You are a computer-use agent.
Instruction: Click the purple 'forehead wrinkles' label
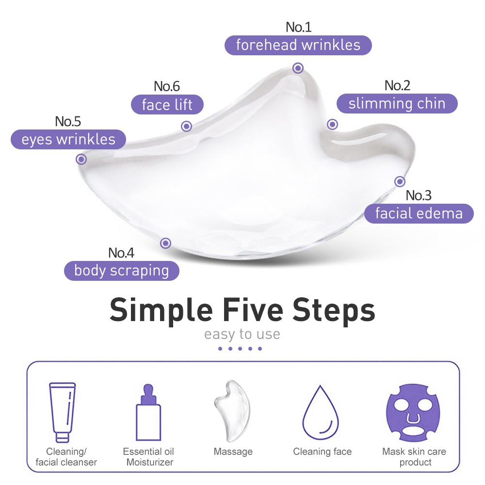[298, 45]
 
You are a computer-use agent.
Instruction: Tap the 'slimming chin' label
[397, 103]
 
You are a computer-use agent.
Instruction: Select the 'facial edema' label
[419, 213]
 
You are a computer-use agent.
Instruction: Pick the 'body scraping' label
[122, 271]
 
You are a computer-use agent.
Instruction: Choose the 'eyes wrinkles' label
[68, 139]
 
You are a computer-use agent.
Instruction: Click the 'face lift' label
[167, 105]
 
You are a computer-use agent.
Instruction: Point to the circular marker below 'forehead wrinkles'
[298, 68]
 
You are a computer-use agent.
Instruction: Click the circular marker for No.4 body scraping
[165, 243]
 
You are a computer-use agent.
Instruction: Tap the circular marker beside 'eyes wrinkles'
[81, 159]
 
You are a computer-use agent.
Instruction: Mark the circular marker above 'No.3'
[400, 181]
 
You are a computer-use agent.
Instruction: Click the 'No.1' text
[298, 27]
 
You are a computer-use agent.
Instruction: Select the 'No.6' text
[167, 86]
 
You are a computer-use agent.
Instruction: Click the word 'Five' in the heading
[253, 309]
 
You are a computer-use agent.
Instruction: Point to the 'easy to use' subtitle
[242, 334]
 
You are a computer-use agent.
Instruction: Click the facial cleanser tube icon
[62, 412]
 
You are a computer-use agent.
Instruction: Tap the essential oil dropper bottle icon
[148, 412]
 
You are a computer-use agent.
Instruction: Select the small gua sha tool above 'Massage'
[232, 411]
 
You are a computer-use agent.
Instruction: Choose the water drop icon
[321, 412]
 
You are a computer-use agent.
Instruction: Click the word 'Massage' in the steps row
[233, 452]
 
